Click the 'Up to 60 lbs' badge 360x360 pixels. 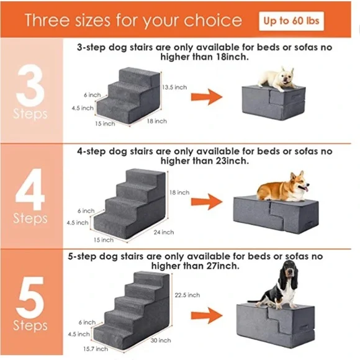point(291,20)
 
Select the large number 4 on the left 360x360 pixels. point(30,192)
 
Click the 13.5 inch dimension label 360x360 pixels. point(174,88)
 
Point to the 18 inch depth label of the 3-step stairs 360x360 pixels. point(156,121)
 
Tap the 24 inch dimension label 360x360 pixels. point(163,232)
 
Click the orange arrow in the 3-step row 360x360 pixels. point(206,96)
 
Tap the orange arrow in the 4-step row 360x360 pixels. point(206,201)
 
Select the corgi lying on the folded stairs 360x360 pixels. point(283,186)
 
